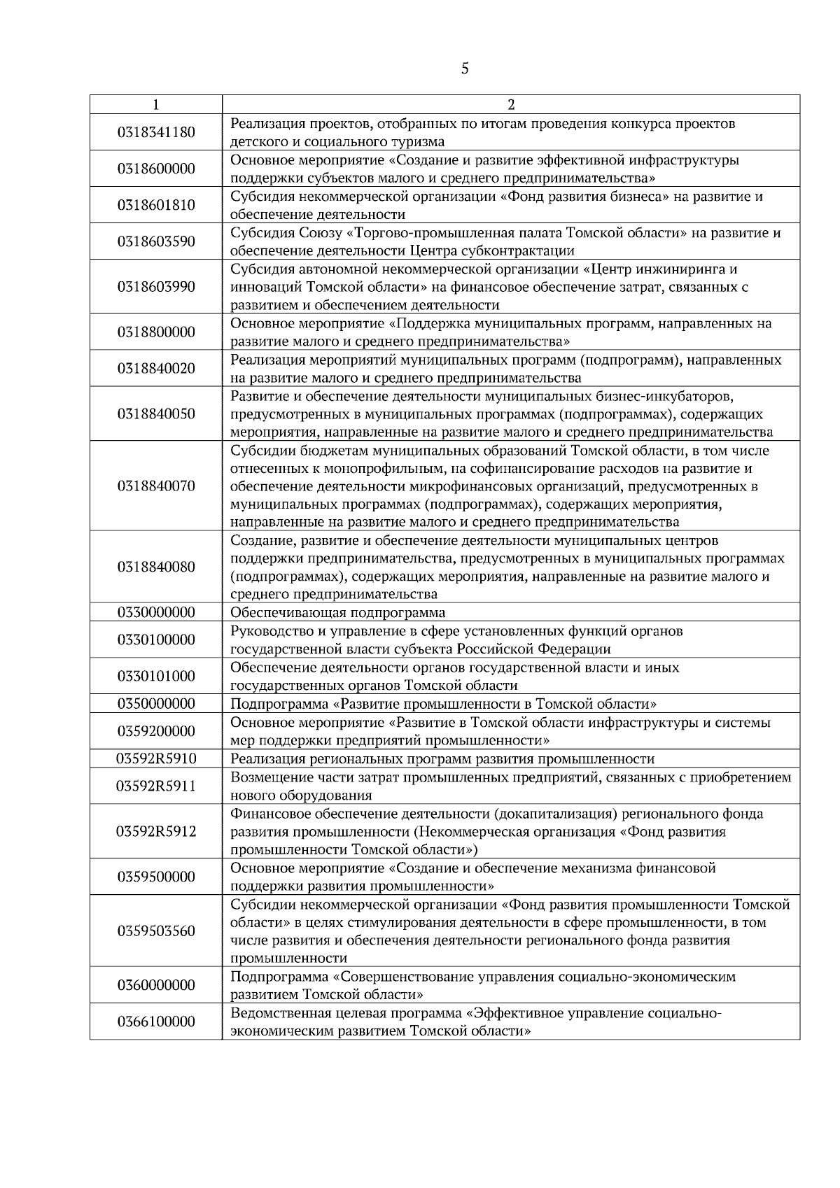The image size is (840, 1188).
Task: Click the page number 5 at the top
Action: click(x=465, y=69)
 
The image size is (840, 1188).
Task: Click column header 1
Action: click(x=155, y=105)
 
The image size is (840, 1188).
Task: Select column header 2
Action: click(x=510, y=105)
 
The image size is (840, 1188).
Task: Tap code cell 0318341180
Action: click(x=156, y=132)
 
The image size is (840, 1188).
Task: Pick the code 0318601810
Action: click(x=156, y=205)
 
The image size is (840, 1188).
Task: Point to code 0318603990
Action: click(x=156, y=287)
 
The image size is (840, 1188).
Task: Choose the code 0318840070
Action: click(x=156, y=486)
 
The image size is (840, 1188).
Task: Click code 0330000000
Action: click(x=156, y=612)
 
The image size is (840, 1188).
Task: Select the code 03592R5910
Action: click(x=156, y=758)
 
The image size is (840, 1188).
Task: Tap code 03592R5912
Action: click(x=156, y=831)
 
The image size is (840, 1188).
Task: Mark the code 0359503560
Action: click(x=156, y=931)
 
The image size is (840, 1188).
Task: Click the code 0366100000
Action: click(x=156, y=1021)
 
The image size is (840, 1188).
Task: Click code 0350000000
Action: click(x=156, y=703)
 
